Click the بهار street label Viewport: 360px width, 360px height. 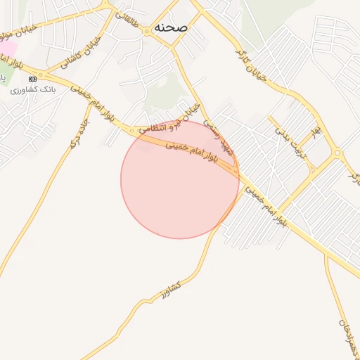(317, 131)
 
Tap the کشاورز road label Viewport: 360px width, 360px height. (169, 288)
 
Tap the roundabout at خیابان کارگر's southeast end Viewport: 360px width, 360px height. (338, 153)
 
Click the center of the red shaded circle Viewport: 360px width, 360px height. (180, 179)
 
